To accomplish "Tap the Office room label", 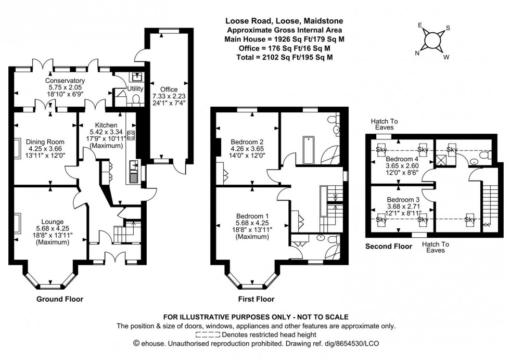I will click(169, 89).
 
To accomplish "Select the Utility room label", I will click(128, 89).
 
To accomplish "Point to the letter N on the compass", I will click(417, 53).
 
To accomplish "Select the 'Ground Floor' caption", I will click(59, 299).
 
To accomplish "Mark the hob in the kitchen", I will click(130, 135).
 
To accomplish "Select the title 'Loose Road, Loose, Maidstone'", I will click(284, 21).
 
